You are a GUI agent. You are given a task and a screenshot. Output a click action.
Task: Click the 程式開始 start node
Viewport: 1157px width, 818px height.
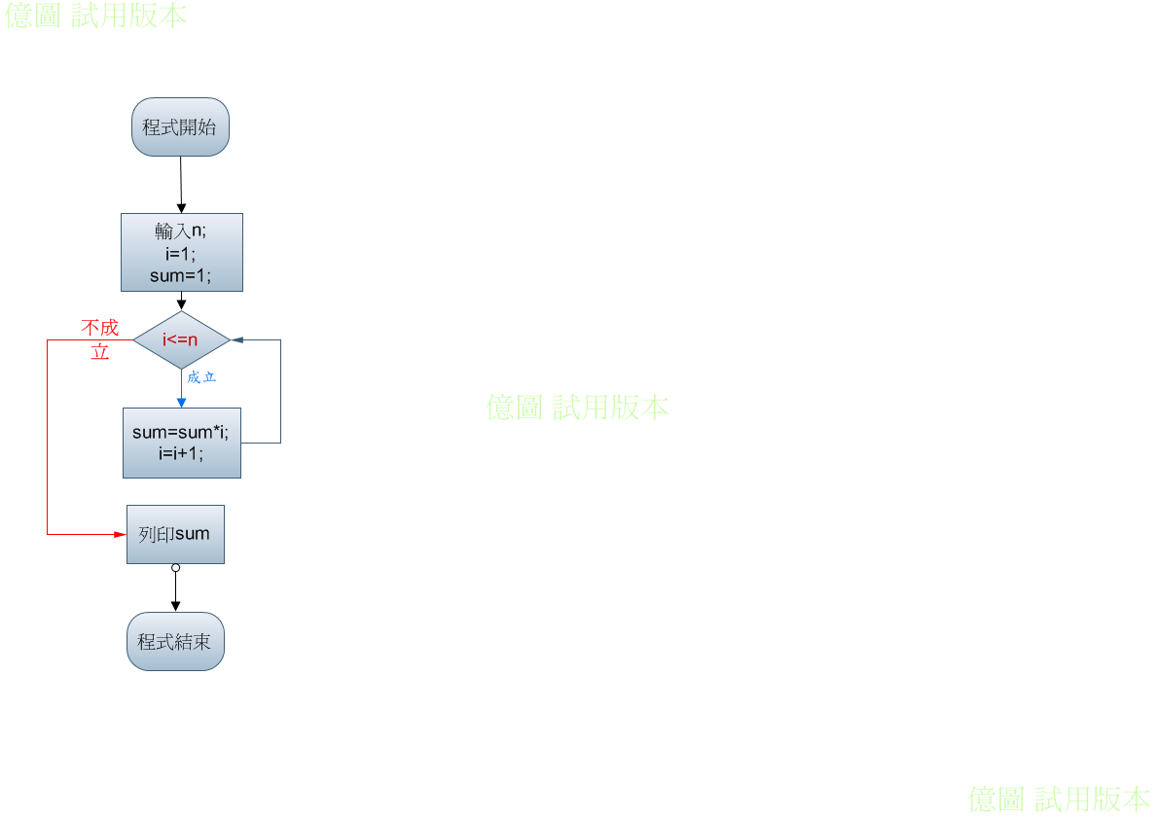(180, 126)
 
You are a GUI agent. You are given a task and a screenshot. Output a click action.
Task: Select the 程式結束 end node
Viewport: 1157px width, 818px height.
(175, 641)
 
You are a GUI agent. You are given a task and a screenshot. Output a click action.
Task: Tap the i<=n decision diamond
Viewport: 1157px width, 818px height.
(182, 340)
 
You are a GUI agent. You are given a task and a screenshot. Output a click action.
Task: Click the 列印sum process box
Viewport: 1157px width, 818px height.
(175, 534)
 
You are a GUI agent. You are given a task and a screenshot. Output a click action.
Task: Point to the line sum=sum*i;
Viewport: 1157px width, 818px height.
(181, 432)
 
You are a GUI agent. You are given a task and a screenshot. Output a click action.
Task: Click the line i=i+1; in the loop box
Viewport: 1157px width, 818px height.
(181, 453)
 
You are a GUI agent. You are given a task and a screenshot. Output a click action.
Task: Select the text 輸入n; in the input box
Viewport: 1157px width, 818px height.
(181, 231)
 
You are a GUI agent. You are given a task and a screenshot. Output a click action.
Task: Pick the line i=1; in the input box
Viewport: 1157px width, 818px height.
(181, 254)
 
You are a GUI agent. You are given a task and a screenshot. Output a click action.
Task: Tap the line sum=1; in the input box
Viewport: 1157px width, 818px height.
(181, 276)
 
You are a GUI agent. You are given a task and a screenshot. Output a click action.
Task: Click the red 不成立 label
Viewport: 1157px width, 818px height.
(99, 339)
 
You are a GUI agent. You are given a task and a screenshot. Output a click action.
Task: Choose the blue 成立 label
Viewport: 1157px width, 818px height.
(201, 377)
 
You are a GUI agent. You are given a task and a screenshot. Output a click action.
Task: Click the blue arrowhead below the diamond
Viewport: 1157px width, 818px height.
(182, 403)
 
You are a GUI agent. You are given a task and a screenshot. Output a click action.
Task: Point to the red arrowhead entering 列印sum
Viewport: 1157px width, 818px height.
(121, 534)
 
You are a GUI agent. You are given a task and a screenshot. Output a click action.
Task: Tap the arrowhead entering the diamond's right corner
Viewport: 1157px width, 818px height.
(236, 340)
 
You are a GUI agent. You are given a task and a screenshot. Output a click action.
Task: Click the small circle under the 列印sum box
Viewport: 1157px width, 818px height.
(175, 568)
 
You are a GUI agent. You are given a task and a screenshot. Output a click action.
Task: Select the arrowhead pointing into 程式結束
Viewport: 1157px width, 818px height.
(175, 606)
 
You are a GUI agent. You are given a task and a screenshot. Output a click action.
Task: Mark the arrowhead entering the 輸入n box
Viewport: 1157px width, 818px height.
(182, 209)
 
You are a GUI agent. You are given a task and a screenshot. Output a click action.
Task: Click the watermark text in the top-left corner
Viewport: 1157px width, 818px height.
(96, 15)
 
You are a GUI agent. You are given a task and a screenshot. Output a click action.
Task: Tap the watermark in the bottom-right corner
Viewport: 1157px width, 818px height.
(1059, 800)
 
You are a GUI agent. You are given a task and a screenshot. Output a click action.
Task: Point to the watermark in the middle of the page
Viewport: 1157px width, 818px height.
(578, 408)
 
